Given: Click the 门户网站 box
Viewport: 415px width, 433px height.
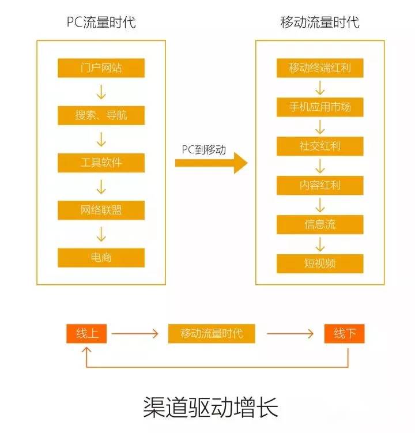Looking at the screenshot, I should click(101, 68).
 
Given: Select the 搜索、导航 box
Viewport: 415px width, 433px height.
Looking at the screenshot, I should click(101, 115).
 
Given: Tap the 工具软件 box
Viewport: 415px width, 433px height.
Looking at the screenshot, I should click(101, 163).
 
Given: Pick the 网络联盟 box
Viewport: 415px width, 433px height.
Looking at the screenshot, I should click(101, 210).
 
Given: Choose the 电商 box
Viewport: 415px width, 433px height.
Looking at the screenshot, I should click(101, 257).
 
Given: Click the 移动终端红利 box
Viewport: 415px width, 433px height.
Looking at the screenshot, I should click(320, 68).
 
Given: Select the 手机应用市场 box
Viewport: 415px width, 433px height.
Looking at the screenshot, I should click(320, 107).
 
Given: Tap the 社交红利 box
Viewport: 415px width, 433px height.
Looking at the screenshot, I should click(320, 146).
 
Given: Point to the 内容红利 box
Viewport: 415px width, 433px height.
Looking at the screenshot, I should click(320, 185).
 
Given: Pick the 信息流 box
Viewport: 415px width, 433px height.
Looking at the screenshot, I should click(320, 224).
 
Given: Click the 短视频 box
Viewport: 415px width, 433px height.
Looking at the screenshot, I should click(320, 263).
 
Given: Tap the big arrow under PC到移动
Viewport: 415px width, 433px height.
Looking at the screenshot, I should click(211, 163).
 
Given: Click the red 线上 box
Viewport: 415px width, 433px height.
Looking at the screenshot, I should click(86, 334).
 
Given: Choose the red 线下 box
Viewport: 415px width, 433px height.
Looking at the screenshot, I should click(344, 334).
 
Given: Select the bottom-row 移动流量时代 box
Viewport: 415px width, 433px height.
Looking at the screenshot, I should click(212, 334).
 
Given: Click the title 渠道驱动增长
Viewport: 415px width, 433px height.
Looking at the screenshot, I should click(210, 407).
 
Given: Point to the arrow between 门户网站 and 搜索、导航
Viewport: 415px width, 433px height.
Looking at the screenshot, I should click(101, 92).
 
